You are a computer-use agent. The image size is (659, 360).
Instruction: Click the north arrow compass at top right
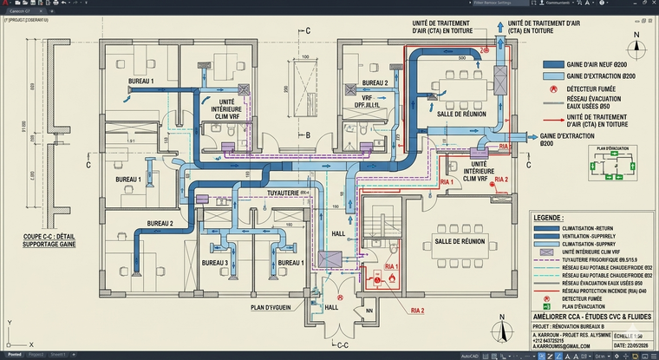[x=636, y=42]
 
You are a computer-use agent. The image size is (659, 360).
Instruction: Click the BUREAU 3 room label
[x=215, y=263]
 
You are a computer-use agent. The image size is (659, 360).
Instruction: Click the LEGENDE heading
[x=551, y=218]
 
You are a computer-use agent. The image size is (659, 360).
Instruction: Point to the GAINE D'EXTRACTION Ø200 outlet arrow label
[x=563, y=139]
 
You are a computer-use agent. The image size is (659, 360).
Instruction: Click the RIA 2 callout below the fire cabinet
[x=417, y=310]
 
